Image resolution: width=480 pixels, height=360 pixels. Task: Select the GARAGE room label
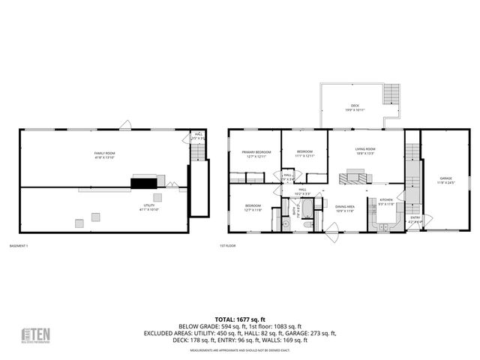click(446, 179)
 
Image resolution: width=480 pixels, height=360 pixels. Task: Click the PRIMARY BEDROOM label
click(256, 154)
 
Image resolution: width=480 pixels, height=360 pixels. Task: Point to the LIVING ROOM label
click(365, 150)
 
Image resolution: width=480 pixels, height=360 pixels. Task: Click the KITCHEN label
click(386, 202)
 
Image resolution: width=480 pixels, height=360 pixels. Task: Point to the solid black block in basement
click(144, 181)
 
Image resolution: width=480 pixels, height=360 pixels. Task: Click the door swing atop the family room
click(127, 125)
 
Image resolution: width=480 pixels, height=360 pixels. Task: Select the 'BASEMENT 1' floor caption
click(18, 245)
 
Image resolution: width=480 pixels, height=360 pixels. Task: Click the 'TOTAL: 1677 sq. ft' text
click(239, 319)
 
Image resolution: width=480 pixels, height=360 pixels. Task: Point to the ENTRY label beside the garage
click(415, 219)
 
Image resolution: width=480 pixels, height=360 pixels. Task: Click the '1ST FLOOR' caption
click(227, 245)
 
